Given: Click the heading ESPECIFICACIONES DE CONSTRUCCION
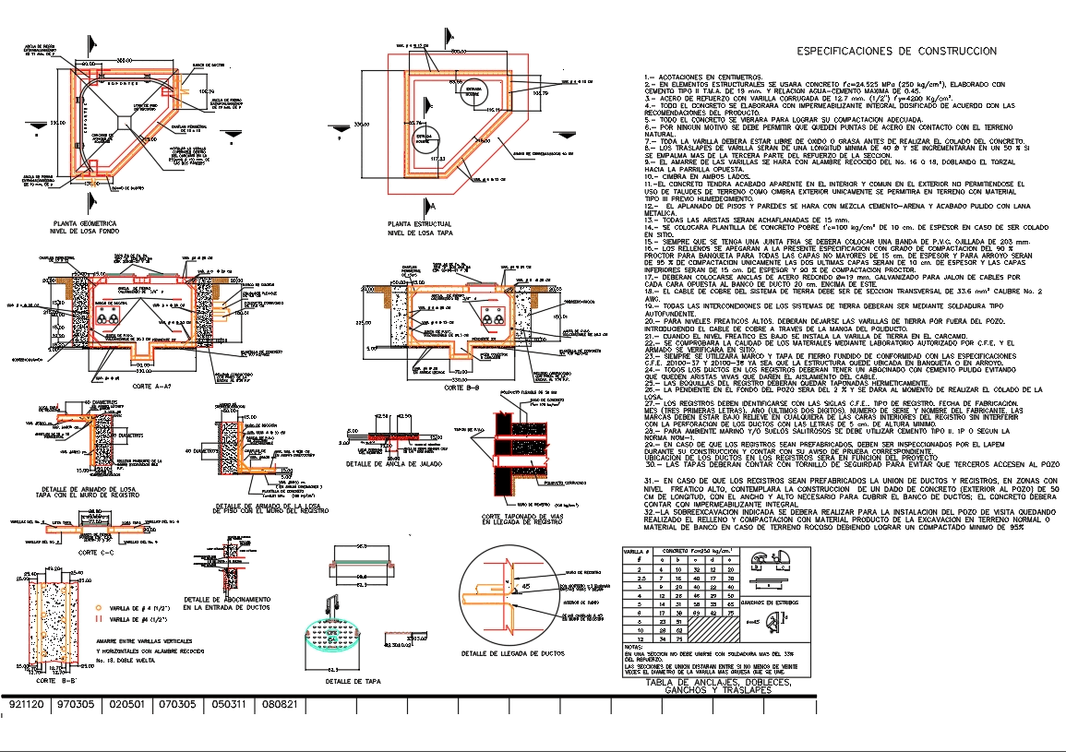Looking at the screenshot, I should point(896,52).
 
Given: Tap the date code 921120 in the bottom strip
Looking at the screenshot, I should point(26,705).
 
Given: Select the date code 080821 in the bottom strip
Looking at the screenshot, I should point(278,705).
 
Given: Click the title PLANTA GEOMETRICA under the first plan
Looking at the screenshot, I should point(84,223).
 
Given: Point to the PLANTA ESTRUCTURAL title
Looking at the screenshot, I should point(420,223).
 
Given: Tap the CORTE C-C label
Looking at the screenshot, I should point(94,553).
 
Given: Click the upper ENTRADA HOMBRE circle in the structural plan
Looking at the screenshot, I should point(472,90).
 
